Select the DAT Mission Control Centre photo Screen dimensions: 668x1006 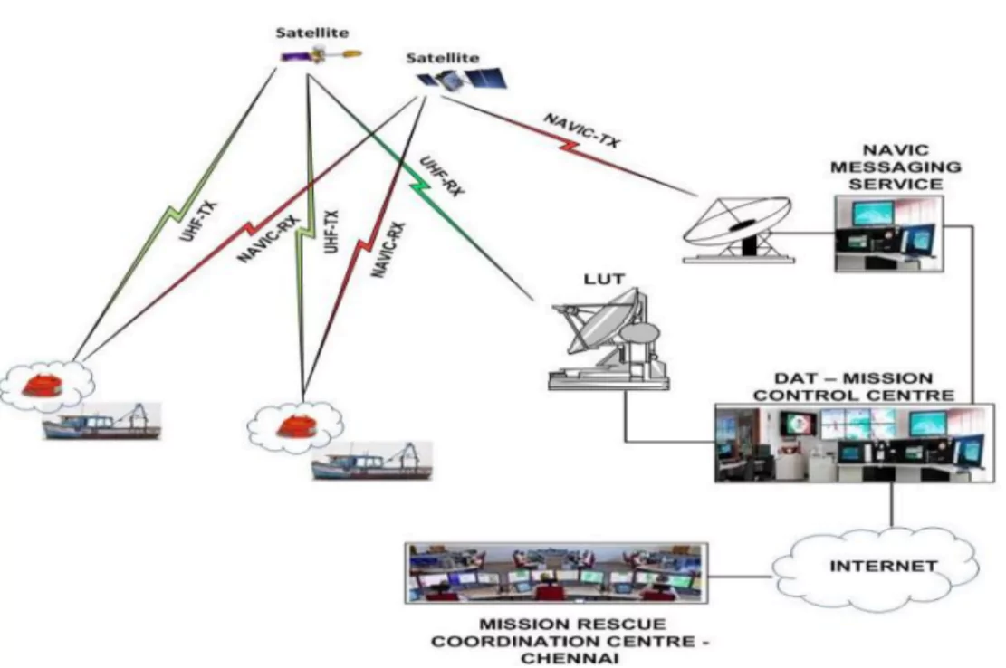pyautogui.click(x=848, y=443)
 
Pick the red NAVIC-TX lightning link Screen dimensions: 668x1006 pyautogui.click(x=561, y=145)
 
